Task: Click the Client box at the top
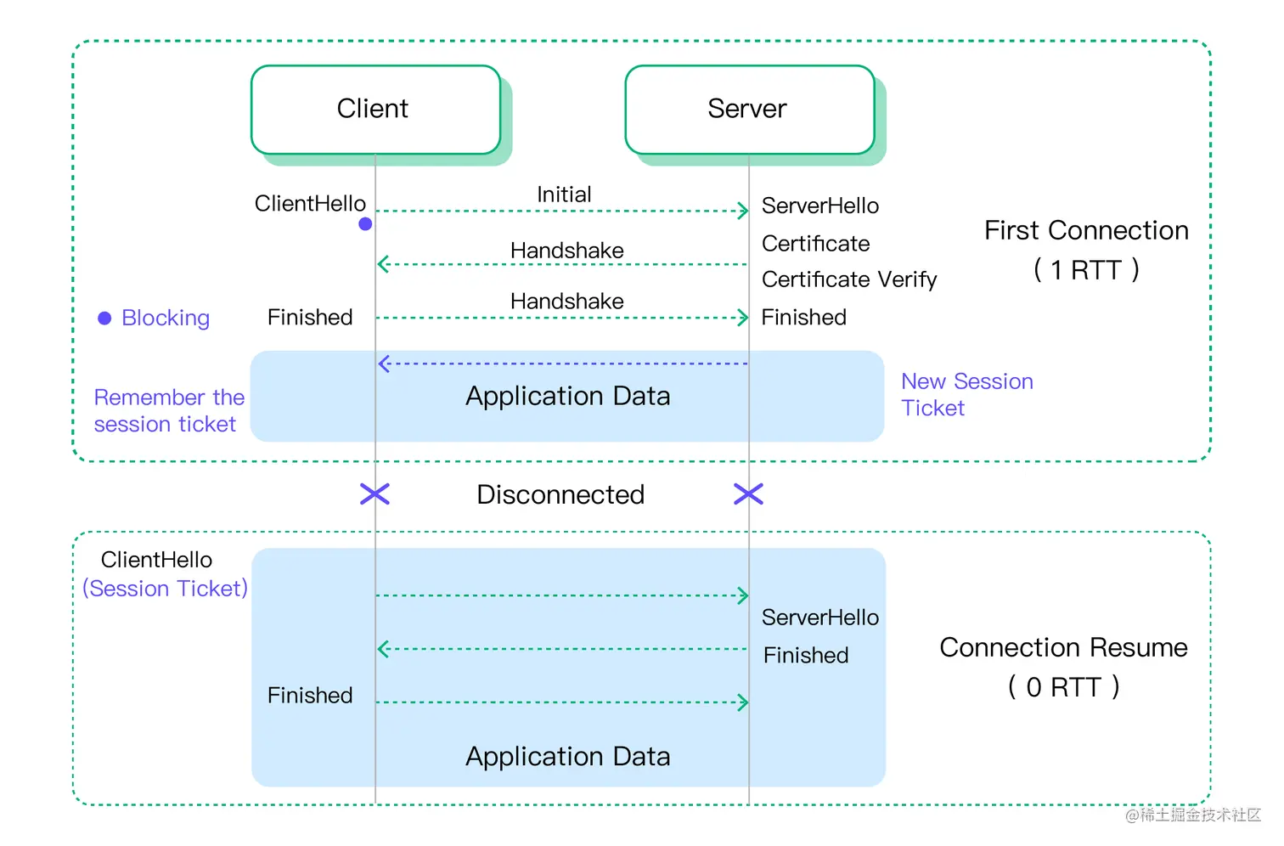point(374,110)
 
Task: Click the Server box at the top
point(748,110)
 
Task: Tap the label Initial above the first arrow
point(564,195)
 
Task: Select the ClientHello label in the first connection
point(310,204)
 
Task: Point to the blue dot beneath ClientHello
point(365,224)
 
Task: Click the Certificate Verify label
point(848,279)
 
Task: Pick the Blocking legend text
point(166,318)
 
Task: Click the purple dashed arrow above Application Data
point(562,364)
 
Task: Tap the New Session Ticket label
point(966,395)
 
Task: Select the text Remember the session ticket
point(169,411)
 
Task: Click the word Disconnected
point(560,494)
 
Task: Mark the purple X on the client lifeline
point(374,494)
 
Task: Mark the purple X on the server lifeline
point(748,494)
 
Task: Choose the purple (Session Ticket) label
point(165,589)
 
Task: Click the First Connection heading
point(1086,230)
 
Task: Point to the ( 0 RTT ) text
point(1063,686)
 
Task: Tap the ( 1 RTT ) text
point(1086,270)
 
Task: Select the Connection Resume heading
point(1063,647)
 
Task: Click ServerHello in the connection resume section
point(819,618)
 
